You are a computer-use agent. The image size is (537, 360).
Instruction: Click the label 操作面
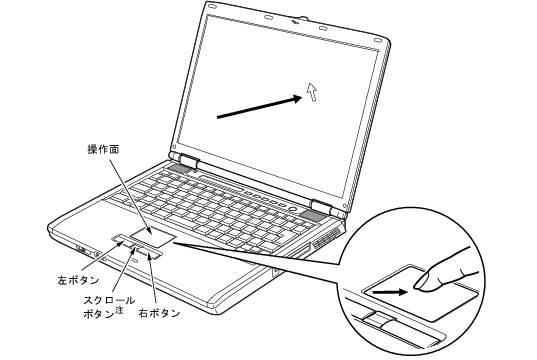(103, 150)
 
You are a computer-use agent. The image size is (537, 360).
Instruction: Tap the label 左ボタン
(78, 280)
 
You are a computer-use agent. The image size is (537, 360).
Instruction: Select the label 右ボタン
(159, 312)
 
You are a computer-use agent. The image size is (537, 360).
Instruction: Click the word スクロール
(109, 300)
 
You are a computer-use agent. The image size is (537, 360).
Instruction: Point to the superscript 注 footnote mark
(119, 310)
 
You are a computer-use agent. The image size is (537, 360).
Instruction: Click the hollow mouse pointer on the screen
(312, 92)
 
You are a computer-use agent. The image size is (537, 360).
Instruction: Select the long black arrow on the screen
(260, 108)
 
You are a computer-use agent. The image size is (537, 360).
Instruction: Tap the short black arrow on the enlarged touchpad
(390, 293)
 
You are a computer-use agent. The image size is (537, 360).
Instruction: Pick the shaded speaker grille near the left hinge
(178, 168)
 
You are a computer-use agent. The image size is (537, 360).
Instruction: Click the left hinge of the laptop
(188, 161)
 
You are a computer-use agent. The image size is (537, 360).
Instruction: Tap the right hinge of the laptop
(321, 206)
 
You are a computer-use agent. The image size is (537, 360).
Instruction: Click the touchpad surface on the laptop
(153, 236)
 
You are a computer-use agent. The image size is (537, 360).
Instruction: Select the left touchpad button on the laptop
(122, 239)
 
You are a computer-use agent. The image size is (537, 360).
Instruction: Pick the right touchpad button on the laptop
(150, 253)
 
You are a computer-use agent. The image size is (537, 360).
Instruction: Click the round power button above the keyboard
(293, 208)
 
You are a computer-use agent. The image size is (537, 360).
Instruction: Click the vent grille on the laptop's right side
(327, 239)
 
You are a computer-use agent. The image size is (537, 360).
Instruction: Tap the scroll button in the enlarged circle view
(379, 319)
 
